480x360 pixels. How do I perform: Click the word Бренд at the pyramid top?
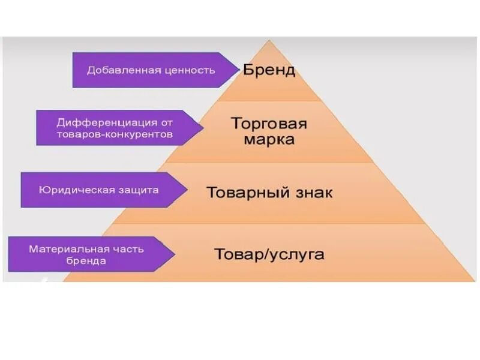[x=269, y=70]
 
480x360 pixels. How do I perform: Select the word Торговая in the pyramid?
[x=269, y=124]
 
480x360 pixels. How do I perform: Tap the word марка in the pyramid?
[x=269, y=140]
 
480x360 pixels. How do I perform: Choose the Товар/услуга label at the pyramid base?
[x=269, y=254]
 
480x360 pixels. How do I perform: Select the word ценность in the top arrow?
[x=188, y=70]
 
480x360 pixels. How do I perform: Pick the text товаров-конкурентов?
[x=115, y=134]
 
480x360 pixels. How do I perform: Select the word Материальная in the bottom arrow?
[x=69, y=248]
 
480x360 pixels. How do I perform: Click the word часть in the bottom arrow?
[x=128, y=248]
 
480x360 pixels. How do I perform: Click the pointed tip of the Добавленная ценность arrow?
[x=239, y=70]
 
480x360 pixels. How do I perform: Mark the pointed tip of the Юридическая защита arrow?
[x=187, y=190]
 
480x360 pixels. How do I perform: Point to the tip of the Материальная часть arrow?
[x=175, y=254]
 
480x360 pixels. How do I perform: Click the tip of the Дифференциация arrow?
[x=204, y=127]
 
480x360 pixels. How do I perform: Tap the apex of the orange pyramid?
[x=269, y=41]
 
